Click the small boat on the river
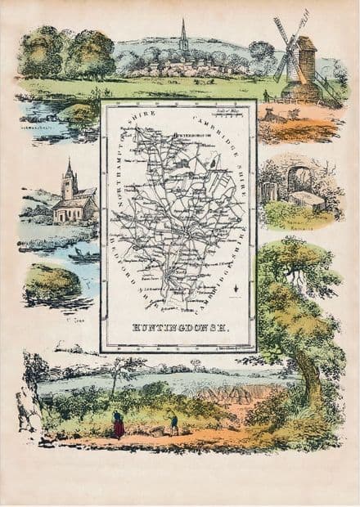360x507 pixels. (x=81, y=257)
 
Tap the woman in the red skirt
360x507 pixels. (x=119, y=424)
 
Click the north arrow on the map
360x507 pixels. (x=233, y=287)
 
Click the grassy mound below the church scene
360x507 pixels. (x=54, y=282)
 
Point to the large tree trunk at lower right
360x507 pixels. (x=312, y=375)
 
